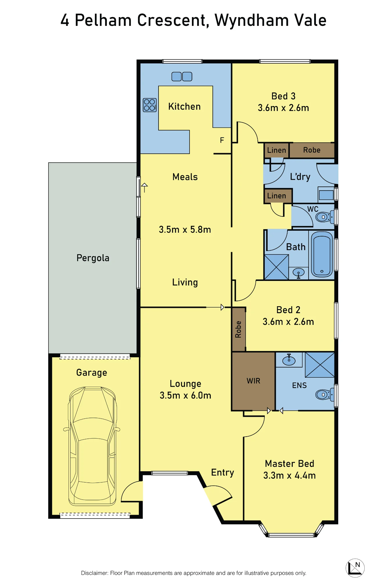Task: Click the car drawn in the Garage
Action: pyautogui.click(x=92, y=446)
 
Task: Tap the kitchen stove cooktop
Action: pyautogui.click(x=150, y=105)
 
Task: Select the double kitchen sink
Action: pyautogui.click(x=182, y=76)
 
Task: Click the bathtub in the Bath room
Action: pyautogui.click(x=322, y=254)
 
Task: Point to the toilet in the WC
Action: pyautogui.click(x=325, y=217)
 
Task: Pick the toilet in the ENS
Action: pyautogui.click(x=325, y=394)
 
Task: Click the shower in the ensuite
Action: pyautogui.click(x=320, y=365)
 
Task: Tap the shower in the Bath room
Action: pyautogui.click(x=276, y=267)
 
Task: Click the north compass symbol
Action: pyautogui.click(x=355, y=568)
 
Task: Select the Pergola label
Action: pyautogui.click(x=93, y=258)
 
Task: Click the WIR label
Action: pyautogui.click(x=253, y=381)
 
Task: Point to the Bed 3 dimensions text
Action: pyautogui.click(x=283, y=108)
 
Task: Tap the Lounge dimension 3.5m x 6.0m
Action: pyautogui.click(x=185, y=395)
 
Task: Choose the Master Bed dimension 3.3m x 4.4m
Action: pyautogui.click(x=289, y=475)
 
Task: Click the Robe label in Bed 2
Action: pyautogui.click(x=238, y=329)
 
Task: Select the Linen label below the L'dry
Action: pyautogui.click(x=277, y=196)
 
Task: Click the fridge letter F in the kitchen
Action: pyautogui.click(x=222, y=140)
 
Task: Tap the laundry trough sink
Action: pyautogui.click(x=326, y=195)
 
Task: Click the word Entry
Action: pyautogui.click(x=223, y=473)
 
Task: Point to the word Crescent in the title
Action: pyautogui.click(x=173, y=20)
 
